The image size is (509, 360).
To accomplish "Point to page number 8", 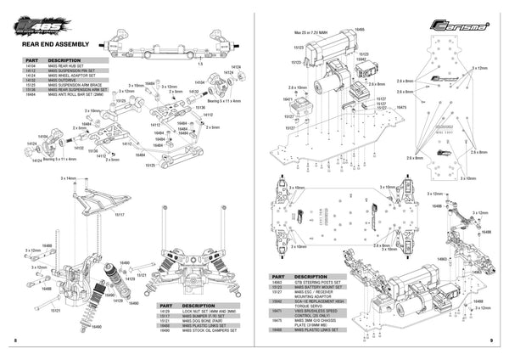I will (15, 340).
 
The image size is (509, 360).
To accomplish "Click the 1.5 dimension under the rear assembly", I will (199, 63).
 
